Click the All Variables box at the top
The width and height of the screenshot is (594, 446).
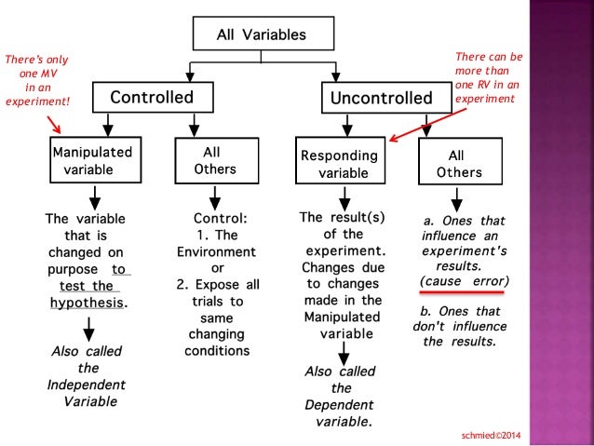point(261,35)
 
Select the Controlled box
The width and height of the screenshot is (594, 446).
point(152,98)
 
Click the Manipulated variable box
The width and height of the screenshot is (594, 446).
point(90,161)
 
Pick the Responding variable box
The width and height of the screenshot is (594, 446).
point(337,164)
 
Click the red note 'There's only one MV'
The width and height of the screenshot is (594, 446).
point(37,81)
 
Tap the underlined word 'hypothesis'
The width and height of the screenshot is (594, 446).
point(87,303)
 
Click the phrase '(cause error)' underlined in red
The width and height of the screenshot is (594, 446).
point(465,280)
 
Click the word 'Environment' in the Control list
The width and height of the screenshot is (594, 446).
point(215,251)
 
